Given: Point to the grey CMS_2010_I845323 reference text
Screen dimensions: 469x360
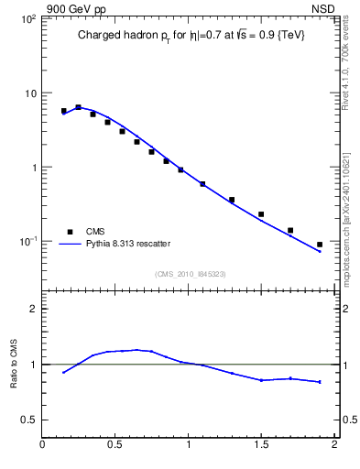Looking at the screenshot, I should tap(190, 273).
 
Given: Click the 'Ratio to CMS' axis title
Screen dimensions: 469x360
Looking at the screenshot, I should tap(14, 364).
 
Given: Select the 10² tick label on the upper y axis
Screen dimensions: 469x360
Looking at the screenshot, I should tap(27, 19).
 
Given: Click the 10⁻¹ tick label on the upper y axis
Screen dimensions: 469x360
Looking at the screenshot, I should tap(27, 242).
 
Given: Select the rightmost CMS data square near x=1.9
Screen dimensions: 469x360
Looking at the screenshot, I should tap(320, 245).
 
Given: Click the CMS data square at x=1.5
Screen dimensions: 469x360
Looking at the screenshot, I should tap(261, 214).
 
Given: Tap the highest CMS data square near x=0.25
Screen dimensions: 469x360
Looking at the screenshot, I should tap(79, 107).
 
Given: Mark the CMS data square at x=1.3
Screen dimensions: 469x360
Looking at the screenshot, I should tap(232, 200).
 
